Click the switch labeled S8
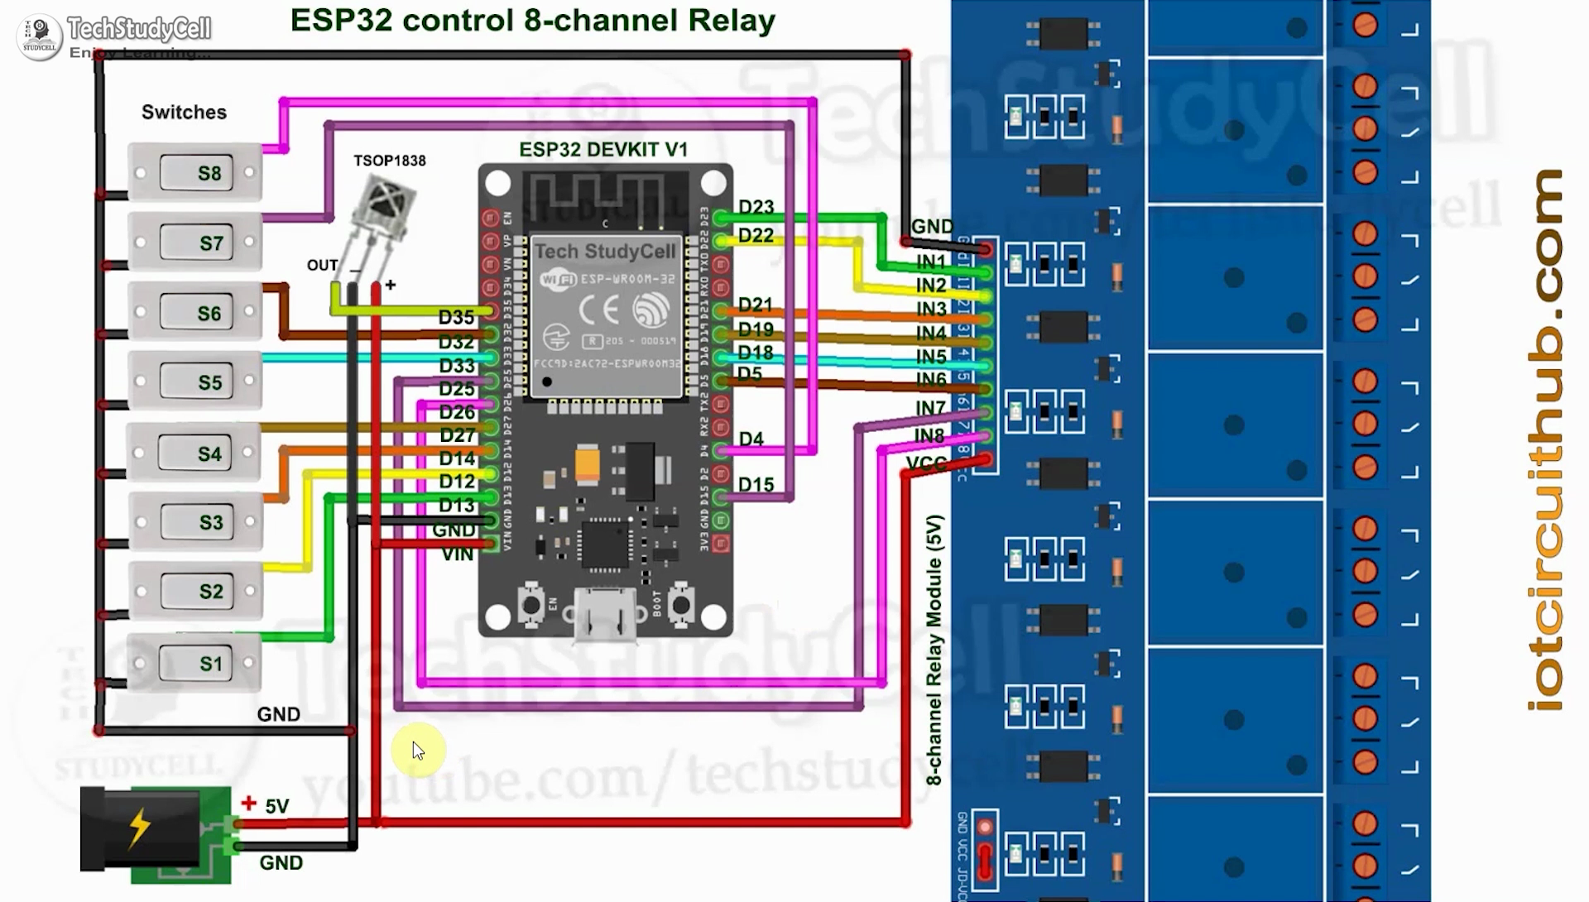point(196,173)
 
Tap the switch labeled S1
point(196,663)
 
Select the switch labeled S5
point(196,382)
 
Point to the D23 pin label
point(756,207)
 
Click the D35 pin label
point(456,318)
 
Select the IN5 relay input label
point(931,357)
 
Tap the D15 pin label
point(756,484)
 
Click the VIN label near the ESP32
point(457,554)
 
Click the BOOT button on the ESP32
point(681,605)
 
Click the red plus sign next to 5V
point(248,803)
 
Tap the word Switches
point(184,112)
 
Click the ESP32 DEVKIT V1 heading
point(603,150)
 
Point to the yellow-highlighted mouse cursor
point(417,751)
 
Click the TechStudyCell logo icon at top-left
point(39,36)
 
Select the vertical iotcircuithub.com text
point(1545,439)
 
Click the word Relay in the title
point(732,20)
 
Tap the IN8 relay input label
point(929,435)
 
